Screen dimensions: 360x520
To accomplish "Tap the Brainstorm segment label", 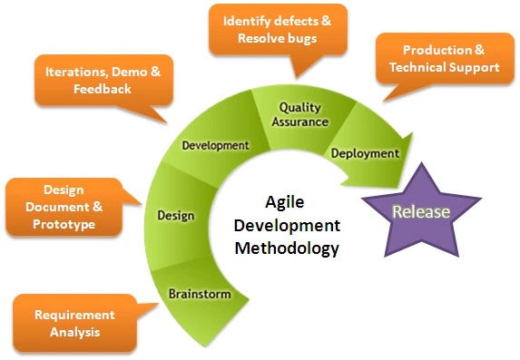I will coord(200,294).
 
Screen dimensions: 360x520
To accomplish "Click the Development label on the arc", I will coord(215,144).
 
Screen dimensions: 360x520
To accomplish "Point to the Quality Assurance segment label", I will coord(299,115).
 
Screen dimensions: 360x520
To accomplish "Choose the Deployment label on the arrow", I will coord(364,153).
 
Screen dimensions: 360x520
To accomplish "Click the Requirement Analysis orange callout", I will coord(74,324).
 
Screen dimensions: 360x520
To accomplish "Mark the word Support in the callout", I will coord(476,68).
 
